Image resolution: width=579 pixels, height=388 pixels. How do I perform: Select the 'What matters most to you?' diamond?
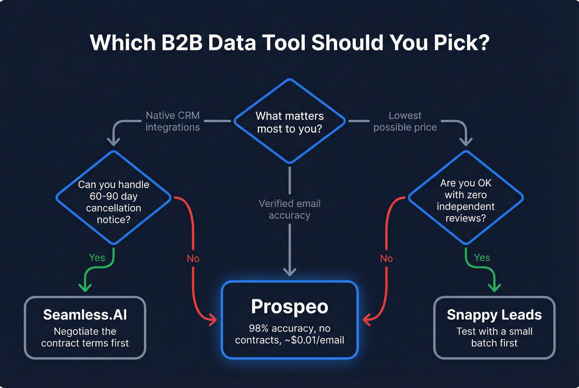coord(289,122)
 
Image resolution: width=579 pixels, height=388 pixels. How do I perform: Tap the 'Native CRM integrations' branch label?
coord(172,121)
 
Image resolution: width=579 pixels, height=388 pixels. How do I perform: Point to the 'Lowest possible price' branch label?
coord(405,121)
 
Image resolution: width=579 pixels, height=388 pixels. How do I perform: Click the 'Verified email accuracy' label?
coord(289,209)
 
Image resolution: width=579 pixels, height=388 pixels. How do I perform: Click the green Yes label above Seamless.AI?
coord(97,258)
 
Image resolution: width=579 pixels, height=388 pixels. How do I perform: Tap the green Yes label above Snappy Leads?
coord(482,258)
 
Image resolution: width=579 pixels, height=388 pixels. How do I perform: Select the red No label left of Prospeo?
coord(193,259)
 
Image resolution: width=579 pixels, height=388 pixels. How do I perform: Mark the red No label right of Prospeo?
coord(386,259)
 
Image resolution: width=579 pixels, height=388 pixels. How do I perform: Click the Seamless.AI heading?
coord(85,315)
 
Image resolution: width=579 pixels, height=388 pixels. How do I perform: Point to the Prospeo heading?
coord(289,307)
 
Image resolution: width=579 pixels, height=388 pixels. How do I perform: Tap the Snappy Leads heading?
coord(494,315)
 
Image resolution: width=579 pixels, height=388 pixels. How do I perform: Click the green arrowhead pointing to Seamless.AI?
coord(85,287)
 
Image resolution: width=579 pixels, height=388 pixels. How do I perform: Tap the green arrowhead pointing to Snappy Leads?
coord(494,287)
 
